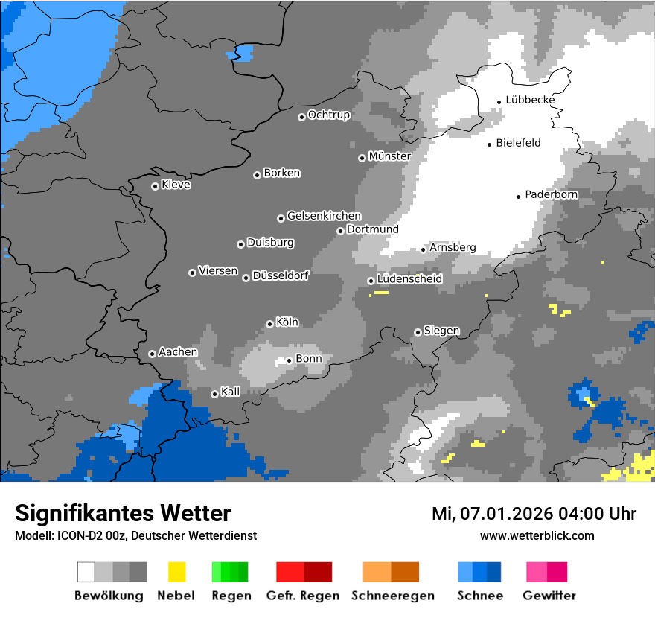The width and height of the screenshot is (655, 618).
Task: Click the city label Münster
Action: point(389,156)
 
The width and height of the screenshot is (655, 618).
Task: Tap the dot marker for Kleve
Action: point(155,186)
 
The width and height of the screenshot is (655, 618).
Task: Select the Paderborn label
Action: point(552,194)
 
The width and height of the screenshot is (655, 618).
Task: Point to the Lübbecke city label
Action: point(530,100)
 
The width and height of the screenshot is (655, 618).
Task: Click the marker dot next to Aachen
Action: point(152,354)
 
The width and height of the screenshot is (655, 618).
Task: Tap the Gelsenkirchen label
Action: point(324,216)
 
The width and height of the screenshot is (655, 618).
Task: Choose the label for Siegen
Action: point(441,331)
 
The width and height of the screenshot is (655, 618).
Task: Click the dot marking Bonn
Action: point(290,360)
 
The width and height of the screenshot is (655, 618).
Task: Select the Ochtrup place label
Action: point(328,115)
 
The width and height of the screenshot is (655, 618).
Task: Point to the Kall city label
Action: point(230,392)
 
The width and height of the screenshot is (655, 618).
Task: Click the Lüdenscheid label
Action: point(409,279)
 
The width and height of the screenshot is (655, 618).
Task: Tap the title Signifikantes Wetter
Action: point(123,513)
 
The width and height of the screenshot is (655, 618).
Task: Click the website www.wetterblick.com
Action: point(537,535)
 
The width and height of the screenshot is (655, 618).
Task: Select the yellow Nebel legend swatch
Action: point(176,572)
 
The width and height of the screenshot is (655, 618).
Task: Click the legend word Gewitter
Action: point(549,596)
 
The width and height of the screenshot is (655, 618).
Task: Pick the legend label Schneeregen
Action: point(392,596)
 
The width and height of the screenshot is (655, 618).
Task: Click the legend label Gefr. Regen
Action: point(303,596)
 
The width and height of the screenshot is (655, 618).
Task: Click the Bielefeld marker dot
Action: point(490,144)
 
